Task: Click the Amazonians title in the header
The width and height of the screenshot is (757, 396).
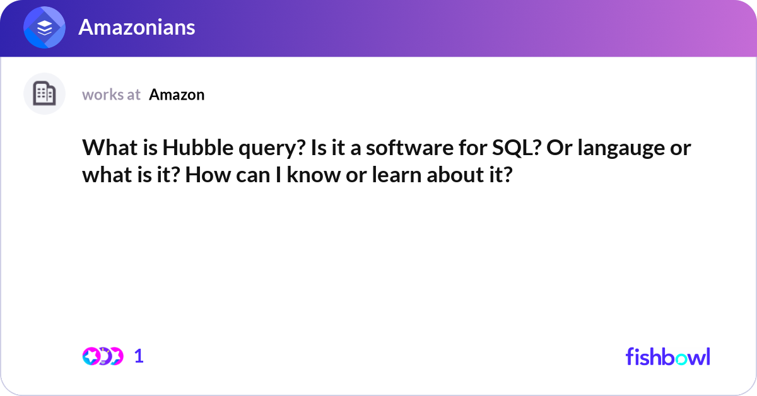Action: coord(136,27)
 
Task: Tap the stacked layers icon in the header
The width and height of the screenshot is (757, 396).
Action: coord(45,28)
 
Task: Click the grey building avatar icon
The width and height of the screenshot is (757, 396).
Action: coord(45,94)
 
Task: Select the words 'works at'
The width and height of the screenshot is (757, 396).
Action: coord(111,95)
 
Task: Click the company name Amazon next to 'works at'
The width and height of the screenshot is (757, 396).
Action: coord(177,95)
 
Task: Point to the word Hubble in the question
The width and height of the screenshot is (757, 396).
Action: coord(189,149)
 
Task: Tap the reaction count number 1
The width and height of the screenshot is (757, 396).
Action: coord(139,356)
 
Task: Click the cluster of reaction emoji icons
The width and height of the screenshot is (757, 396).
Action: coord(103,356)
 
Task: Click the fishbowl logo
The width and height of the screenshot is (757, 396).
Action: coord(667,356)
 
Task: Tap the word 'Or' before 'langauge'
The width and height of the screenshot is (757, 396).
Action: coord(557,149)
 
